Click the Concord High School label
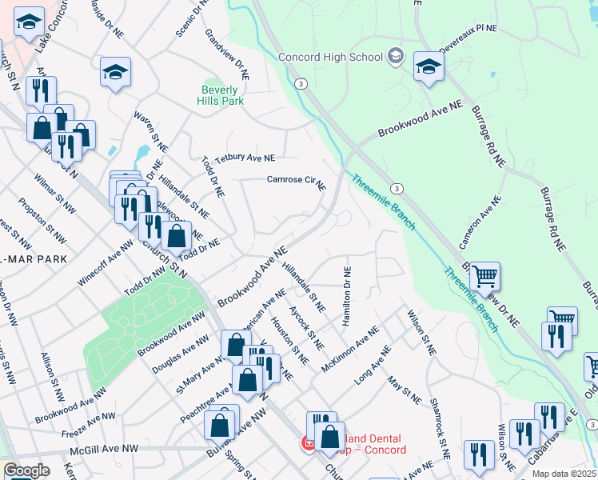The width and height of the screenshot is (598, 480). tap(330, 57)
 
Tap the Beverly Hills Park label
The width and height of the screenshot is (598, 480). tap(221, 95)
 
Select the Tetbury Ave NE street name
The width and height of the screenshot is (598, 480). tap(244, 158)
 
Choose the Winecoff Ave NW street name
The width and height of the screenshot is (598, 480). tap(105, 265)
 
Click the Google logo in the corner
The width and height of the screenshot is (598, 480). tap(26, 470)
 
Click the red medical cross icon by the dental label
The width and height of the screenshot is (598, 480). tap(306, 442)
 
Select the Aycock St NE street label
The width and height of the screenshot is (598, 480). tap(306, 327)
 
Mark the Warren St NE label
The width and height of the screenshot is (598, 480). tap(150, 132)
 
